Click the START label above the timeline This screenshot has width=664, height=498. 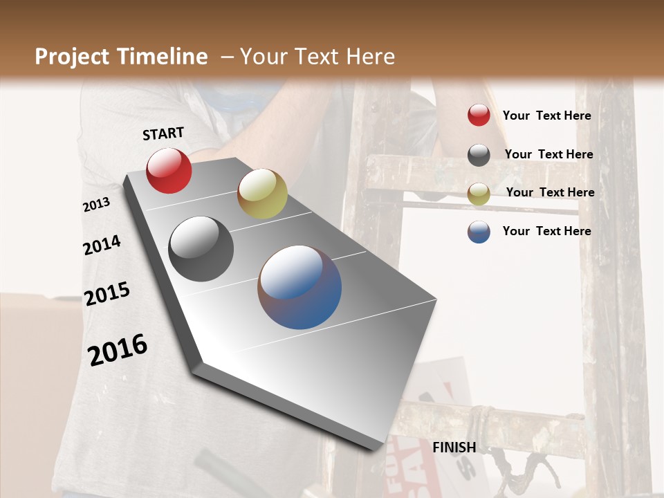pos(163,133)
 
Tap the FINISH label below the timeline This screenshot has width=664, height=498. pos(454,448)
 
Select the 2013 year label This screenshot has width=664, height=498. pos(97,205)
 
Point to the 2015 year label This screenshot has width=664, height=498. pos(107,294)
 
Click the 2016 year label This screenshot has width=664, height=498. pos(118,350)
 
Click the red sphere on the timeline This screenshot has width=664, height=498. pos(169,170)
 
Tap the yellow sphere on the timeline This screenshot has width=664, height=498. pos(262,194)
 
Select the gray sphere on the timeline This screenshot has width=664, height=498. pos(201,249)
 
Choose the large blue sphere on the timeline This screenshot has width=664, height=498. pos(299,287)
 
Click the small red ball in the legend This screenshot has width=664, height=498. pos(479,116)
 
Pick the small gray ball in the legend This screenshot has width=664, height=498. pos(479,155)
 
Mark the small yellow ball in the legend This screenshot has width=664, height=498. pos(479,194)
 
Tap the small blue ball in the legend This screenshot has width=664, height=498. pos(479,232)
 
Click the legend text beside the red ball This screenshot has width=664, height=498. pos(546,116)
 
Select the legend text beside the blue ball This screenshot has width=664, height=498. pos(546,231)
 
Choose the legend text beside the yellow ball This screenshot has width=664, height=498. pos(550,192)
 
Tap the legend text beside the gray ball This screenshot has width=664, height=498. pos(548,154)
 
